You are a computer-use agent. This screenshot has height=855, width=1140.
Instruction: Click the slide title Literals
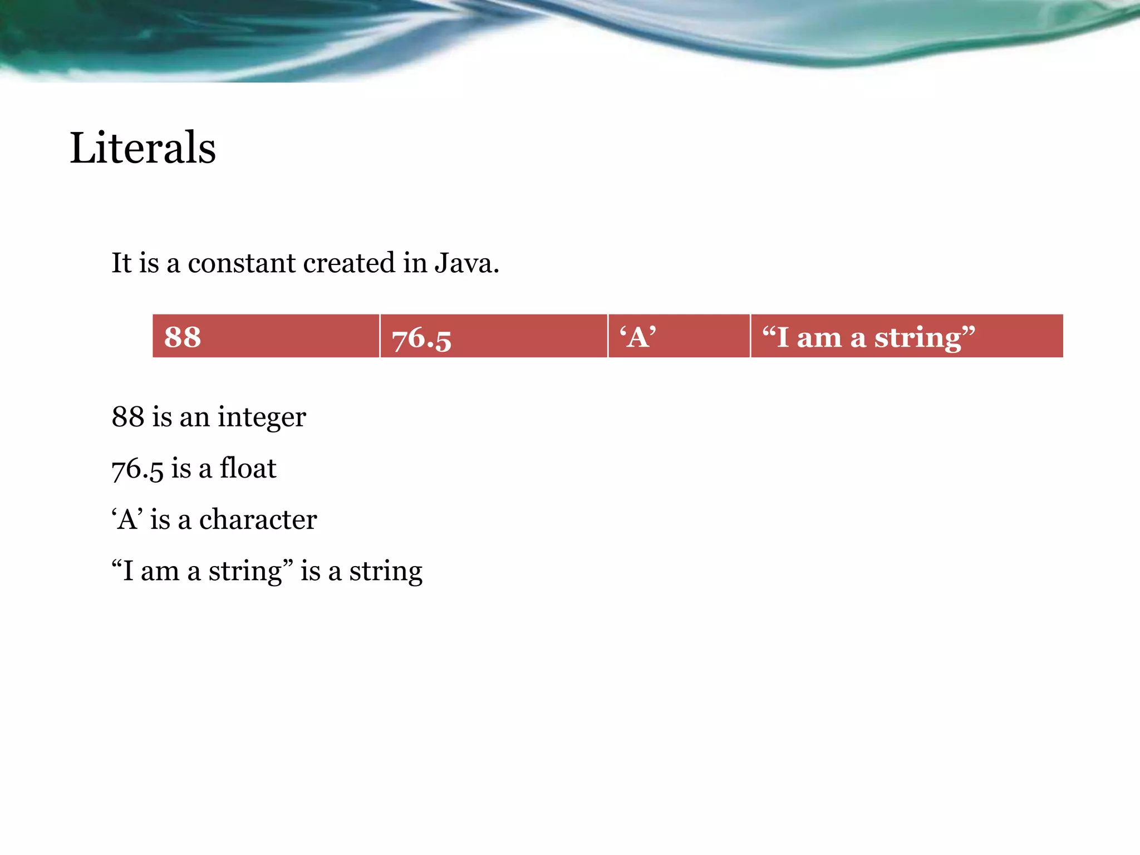142,148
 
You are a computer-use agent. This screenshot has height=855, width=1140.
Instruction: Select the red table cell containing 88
266,336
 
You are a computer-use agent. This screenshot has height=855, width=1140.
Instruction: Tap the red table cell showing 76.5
493,336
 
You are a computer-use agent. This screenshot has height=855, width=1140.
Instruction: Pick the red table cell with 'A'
679,336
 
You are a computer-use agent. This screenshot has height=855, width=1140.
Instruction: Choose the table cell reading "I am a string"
906,336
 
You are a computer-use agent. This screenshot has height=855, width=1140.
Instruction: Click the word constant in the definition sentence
241,263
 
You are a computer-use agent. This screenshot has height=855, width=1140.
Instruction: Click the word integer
262,417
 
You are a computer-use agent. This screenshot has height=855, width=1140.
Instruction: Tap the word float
248,468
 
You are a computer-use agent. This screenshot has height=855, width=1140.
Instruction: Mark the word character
258,520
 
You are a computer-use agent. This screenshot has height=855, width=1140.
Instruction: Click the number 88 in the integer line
127,417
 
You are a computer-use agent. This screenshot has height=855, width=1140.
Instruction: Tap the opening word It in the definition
121,263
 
